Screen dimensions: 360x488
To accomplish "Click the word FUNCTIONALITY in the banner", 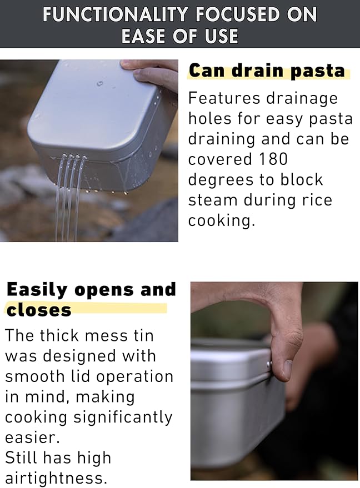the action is click(115, 14).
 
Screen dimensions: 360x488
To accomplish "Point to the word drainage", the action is click(302, 99).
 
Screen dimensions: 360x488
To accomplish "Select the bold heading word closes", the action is click(39, 310).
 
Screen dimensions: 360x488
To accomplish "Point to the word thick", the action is click(59, 335).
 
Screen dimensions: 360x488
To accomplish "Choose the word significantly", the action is click(123, 418).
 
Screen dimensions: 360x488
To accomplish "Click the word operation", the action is click(135, 377).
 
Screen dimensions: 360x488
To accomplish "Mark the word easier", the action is click(32, 438).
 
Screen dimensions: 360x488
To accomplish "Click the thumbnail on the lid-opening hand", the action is click(288, 369).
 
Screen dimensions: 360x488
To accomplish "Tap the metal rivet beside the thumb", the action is click(269, 363).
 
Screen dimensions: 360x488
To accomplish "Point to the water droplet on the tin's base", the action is click(99, 83).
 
